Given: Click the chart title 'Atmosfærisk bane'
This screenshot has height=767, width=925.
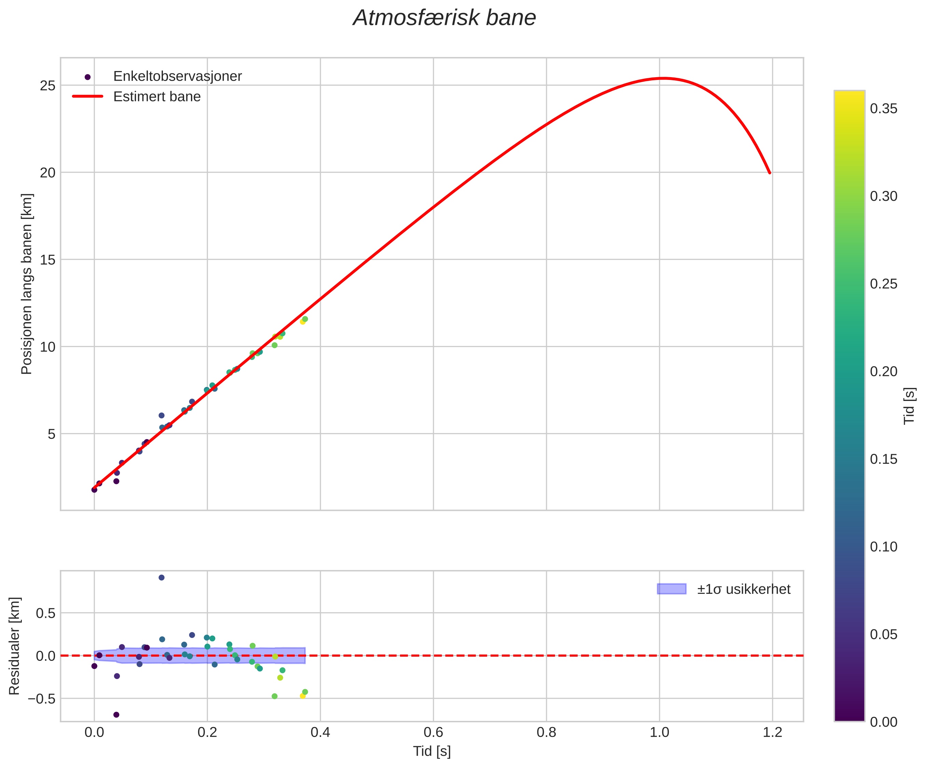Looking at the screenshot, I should [x=444, y=18].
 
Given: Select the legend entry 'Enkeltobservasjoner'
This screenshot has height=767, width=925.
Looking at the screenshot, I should [x=177, y=76].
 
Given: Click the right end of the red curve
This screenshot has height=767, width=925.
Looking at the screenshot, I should [x=770, y=172].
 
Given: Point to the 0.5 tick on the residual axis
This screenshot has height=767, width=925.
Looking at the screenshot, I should [x=46, y=613].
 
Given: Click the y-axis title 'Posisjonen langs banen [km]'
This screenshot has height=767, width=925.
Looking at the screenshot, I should [x=27, y=284].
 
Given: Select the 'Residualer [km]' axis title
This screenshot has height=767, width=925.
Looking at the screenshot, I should [x=15, y=646].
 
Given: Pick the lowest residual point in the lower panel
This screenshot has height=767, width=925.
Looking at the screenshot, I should [x=116, y=715].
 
